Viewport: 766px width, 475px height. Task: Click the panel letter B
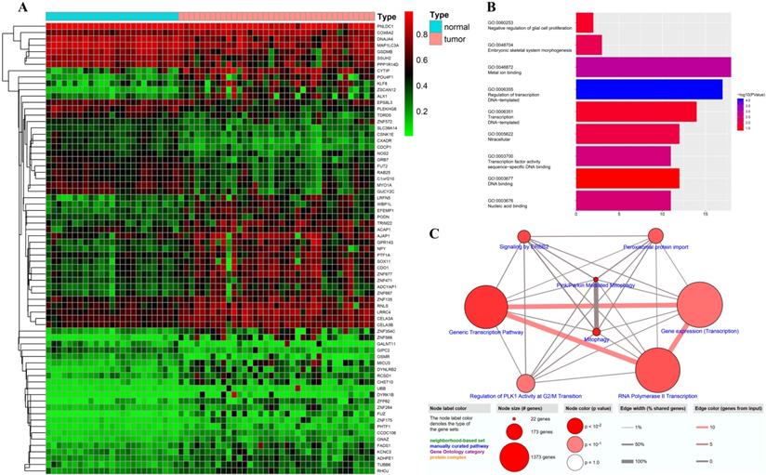(490, 7)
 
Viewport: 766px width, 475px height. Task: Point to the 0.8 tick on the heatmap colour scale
(414, 35)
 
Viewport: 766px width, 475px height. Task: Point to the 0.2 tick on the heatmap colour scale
(414, 111)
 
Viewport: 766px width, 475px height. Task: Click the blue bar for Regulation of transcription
(649, 89)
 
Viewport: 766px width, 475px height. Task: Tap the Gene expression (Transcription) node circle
(707, 302)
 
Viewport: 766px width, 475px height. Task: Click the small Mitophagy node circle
(596, 331)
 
